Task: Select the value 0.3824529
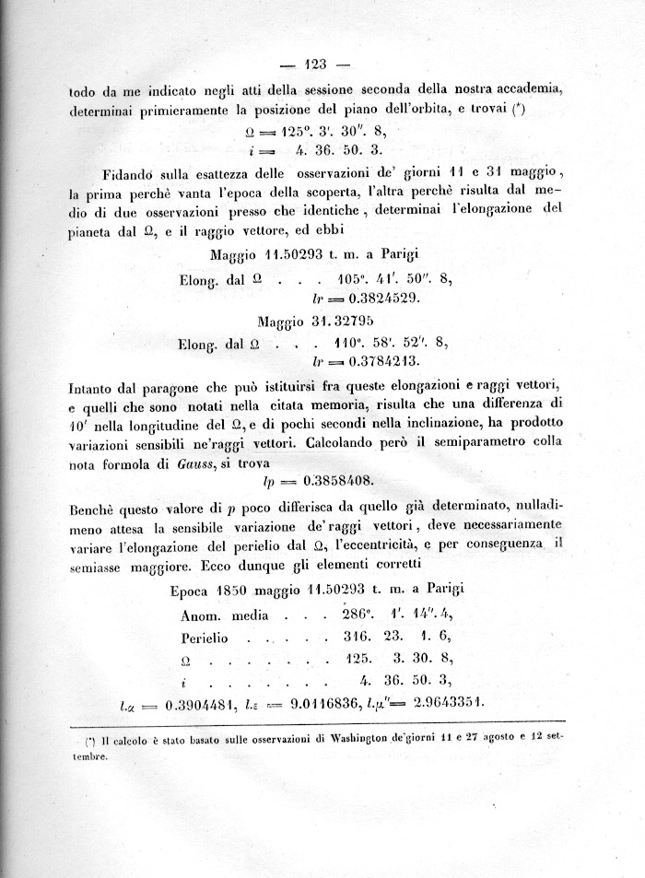click(x=369, y=299)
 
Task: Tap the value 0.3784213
click(x=369, y=361)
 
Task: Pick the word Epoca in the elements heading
click(x=192, y=589)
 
